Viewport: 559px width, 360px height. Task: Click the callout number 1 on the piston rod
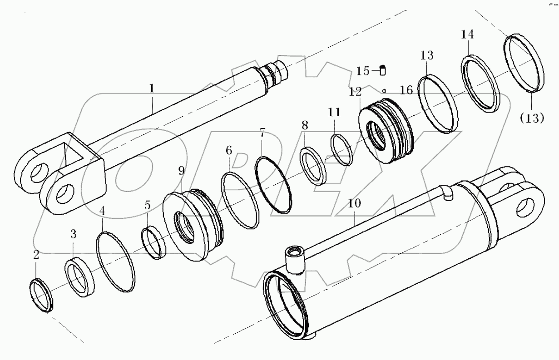pos(152,88)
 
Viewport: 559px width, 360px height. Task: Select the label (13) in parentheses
pos(532,118)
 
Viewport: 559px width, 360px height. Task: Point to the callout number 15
pos(363,71)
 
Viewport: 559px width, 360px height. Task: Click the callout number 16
pos(406,90)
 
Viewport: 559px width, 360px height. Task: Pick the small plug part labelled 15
pos(383,70)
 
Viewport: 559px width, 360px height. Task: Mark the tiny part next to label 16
pos(384,90)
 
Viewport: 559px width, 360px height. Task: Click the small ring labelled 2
pos(41,296)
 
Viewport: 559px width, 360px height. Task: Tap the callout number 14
pos(468,34)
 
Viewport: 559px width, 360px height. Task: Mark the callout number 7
pos(262,133)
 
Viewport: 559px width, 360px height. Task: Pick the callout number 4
pos(103,211)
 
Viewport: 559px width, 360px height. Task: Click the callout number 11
pos(335,112)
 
